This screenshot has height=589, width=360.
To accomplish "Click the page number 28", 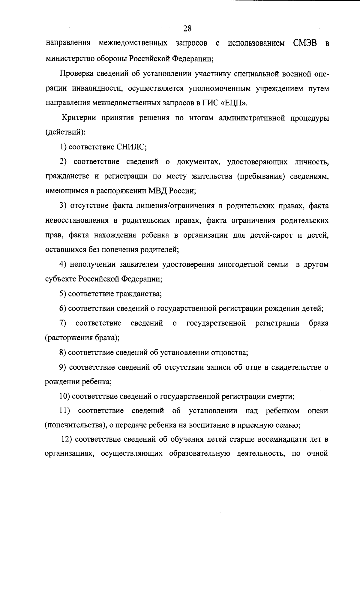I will [187, 29].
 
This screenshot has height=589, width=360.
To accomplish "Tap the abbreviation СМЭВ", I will [304, 43].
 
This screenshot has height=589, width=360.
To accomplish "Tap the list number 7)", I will [63, 323].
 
